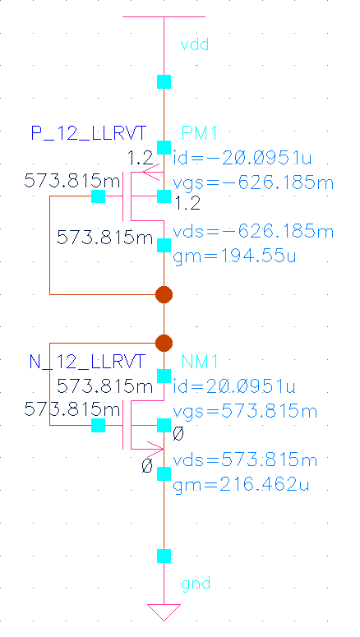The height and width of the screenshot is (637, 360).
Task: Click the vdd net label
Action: click(195, 44)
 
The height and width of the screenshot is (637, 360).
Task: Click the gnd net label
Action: click(195, 584)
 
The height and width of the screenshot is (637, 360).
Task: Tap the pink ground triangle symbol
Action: click(164, 612)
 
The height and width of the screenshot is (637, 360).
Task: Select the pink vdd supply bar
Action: click(164, 16)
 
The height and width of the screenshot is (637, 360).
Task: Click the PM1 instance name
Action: click(199, 134)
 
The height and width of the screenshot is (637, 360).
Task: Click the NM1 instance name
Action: click(199, 362)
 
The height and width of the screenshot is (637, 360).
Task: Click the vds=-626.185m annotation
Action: click(255, 229)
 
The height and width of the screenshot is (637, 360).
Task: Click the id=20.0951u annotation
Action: click(234, 386)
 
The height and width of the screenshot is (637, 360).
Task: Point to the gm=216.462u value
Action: click(242, 485)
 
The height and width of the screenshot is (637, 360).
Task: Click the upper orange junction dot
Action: click(164, 293)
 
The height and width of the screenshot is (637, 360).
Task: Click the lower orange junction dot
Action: click(164, 342)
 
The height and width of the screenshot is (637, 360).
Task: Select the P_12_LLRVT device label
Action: click(87, 133)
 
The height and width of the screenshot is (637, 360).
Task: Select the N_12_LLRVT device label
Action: click(87, 362)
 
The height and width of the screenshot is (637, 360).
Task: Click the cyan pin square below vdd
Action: click(164, 81)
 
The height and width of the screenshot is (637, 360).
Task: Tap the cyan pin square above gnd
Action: click(164, 556)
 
